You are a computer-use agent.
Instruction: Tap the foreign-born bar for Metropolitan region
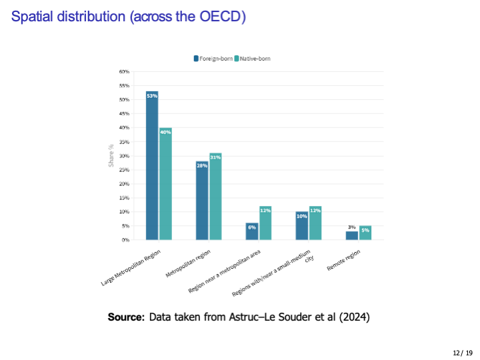click(x=202, y=200)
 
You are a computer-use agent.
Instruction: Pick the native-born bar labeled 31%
click(x=215, y=197)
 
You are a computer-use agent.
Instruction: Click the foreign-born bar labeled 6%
click(x=251, y=231)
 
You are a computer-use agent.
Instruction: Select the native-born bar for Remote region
click(x=365, y=233)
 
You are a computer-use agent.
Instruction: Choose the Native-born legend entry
click(x=252, y=59)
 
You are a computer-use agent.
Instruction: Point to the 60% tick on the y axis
click(x=124, y=71)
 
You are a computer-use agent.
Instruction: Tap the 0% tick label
click(x=125, y=240)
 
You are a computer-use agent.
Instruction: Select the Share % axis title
click(x=111, y=155)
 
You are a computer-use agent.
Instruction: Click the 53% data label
click(x=152, y=97)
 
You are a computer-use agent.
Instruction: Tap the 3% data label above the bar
click(x=351, y=227)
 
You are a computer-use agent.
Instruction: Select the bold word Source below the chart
click(x=125, y=317)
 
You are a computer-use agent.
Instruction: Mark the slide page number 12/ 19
click(x=462, y=352)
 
